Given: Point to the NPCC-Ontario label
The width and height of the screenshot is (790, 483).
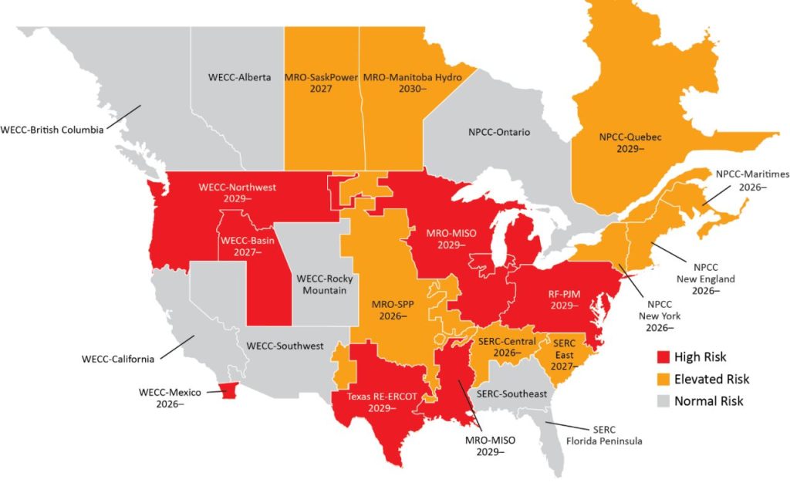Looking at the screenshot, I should pos(499,132).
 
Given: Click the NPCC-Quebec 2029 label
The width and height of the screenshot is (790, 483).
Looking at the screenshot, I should pos(630,143).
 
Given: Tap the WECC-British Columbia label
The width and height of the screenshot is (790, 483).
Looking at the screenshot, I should pos(52,130).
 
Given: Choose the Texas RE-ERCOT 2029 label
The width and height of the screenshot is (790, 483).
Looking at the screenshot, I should pos(370,403).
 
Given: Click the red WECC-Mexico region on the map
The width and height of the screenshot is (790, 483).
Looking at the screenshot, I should pos(227,392).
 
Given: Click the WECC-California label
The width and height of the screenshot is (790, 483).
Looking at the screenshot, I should pos(118,360).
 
